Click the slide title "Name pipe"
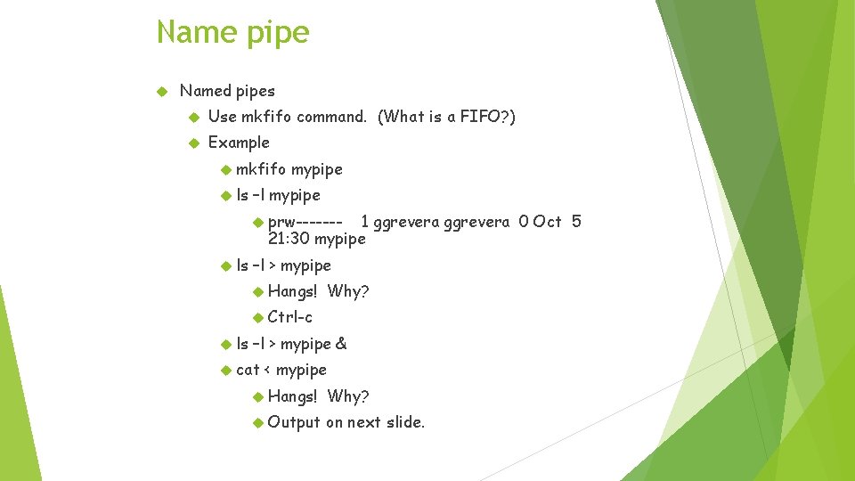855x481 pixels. pos(232,33)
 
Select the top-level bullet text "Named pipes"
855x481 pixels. pos(227,91)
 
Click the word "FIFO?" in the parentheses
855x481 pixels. pos(487,117)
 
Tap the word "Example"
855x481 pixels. pos(238,143)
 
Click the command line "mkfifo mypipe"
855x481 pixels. pos(289,169)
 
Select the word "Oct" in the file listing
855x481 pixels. pos(547,222)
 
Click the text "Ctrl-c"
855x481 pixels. pos(289,317)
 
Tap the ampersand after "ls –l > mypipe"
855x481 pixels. pos(341,344)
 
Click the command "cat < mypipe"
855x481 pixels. pos(281,370)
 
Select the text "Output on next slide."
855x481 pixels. pos(346,422)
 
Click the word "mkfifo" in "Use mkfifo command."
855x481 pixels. pos(266,117)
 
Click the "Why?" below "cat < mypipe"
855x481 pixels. pos(347,396)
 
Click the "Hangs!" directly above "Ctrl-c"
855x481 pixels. pos(292,291)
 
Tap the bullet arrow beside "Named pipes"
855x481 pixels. pos(162,91)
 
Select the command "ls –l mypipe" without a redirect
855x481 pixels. pos(278,195)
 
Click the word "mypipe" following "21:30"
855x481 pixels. pos(340,239)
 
